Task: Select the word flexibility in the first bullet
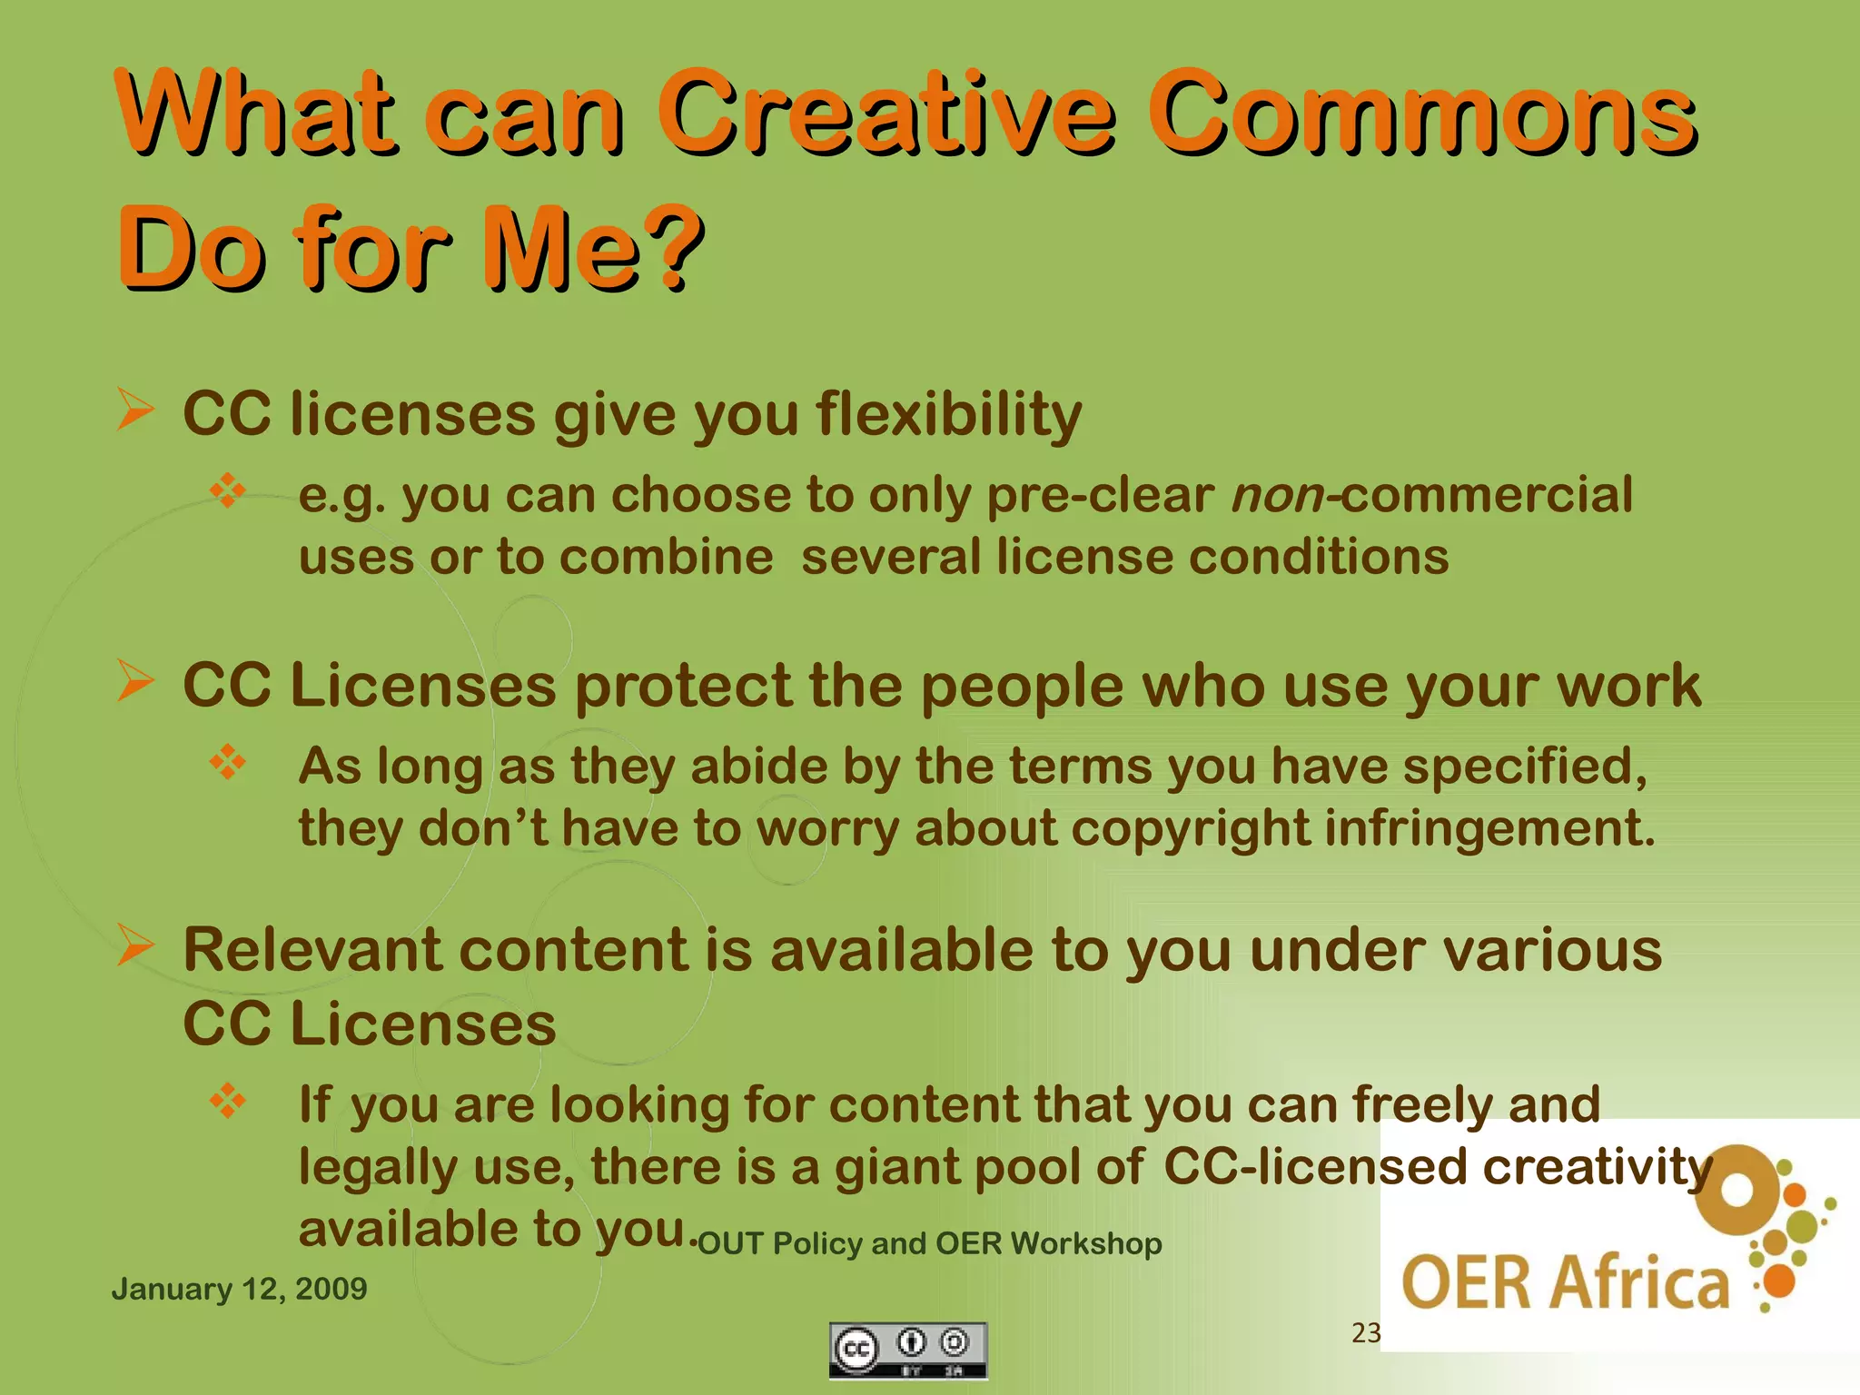pos(949,415)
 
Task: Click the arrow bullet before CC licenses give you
pos(135,410)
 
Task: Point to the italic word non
pos(1277,496)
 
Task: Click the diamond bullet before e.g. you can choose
pos(228,490)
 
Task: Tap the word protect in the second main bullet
pos(684,686)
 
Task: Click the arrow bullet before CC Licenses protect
pos(135,681)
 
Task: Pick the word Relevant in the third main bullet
pos(312,950)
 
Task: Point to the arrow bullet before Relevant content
pos(135,945)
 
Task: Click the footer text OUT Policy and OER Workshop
pos(930,1243)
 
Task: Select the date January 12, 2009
pos(239,1289)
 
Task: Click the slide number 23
pos(1366,1332)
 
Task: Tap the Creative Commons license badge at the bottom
pos(908,1350)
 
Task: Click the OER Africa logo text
pos(1565,1282)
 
